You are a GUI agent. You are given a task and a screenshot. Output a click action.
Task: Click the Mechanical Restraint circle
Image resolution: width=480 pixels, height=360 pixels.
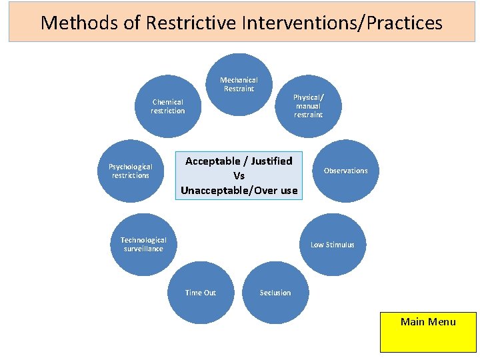[239, 85]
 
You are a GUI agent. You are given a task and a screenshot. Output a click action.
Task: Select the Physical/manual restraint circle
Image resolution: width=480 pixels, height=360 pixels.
[308, 106]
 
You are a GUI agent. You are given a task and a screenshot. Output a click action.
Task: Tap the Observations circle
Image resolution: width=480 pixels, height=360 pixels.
[345, 171]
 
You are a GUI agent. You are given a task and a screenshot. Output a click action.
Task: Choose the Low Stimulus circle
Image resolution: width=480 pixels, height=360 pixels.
[333, 245]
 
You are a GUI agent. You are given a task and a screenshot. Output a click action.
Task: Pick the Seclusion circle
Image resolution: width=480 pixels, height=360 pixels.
[275, 293]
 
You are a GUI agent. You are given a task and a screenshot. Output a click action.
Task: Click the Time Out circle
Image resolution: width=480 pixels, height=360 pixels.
[200, 293]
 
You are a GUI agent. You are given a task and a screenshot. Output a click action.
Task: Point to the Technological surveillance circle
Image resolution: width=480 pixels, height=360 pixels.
[143, 244]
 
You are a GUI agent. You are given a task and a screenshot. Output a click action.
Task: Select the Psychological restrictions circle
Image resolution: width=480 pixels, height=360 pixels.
[131, 171]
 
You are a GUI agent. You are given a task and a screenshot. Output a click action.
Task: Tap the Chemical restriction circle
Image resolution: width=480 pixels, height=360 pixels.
[168, 107]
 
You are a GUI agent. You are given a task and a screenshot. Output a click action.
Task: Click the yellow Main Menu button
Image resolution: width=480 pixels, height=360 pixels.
[428, 332]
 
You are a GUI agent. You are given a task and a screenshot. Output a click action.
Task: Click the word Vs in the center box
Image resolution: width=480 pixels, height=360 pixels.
[239, 176]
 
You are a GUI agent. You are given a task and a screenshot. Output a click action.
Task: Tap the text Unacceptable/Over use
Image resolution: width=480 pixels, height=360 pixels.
[239, 191]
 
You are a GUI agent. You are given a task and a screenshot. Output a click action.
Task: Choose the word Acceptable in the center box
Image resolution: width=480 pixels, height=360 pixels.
[211, 161]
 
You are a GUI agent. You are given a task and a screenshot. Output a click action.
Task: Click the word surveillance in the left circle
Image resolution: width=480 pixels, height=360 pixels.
[143, 249]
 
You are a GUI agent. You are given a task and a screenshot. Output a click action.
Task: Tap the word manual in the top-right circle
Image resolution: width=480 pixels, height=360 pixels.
[308, 106]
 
